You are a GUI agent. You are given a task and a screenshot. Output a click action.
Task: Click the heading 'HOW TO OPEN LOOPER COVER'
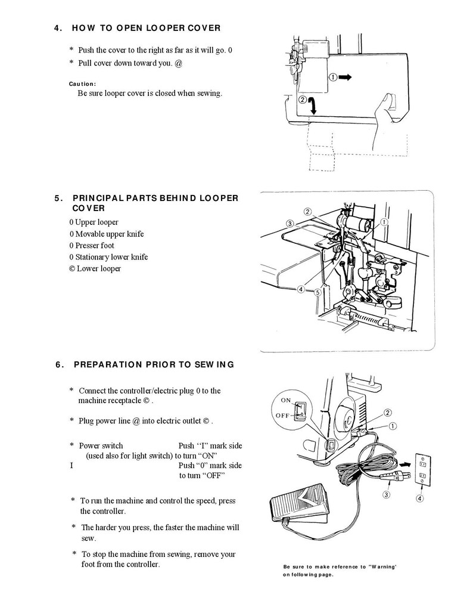tap(146, 28)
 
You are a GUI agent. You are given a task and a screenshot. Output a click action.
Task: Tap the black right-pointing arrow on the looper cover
tap(346, 77)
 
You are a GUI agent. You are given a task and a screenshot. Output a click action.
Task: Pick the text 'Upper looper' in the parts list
tap(97, 222)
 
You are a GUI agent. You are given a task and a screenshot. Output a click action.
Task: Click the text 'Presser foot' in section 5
tap(95, 246)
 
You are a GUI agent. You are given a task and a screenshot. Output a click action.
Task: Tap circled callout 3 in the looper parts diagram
tap(290, 224)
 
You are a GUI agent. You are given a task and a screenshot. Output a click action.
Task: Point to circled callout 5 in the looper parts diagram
tap(318, 293)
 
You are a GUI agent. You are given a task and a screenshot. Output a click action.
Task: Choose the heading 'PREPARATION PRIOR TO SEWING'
tap(153, 364)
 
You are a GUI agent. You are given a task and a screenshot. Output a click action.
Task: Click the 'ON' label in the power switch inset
tap(286, 401)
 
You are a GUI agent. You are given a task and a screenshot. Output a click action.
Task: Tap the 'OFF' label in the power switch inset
tap(284, 415)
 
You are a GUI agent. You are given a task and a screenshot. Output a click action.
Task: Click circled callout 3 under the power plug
tap(387, 494)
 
